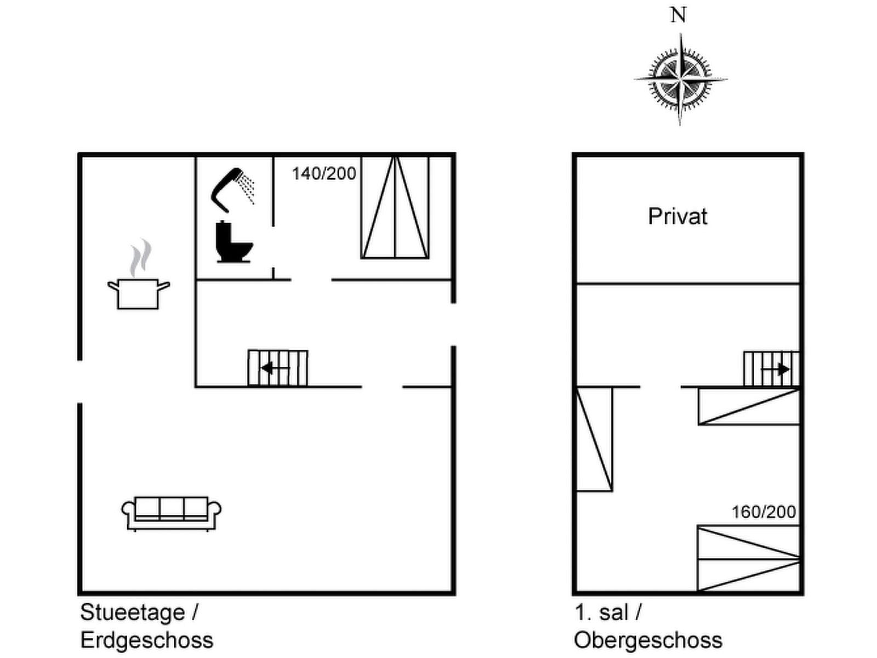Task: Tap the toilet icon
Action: (234, 242)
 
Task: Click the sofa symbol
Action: (171, 513)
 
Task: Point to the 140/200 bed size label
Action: (324, 174)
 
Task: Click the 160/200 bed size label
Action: (764, 512)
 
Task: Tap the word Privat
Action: (677, 217)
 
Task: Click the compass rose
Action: (680, 80)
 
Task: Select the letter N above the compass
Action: (679, 15)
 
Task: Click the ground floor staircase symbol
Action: (277, 368)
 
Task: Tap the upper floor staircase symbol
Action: (771, 369)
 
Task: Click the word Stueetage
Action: (133, 612)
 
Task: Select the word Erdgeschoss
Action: (147, 640)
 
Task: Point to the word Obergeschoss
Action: (648, 640)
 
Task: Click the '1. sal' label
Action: (601, 612)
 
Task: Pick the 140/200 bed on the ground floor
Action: (395, 207)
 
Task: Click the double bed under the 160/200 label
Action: (748, 558)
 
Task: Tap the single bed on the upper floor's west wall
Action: (594, 439)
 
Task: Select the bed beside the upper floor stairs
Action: (749, 406)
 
